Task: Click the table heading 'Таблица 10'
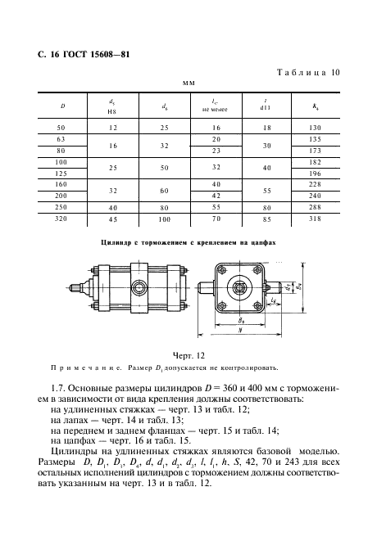point(303,73)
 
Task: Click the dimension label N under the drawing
point(239,332)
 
